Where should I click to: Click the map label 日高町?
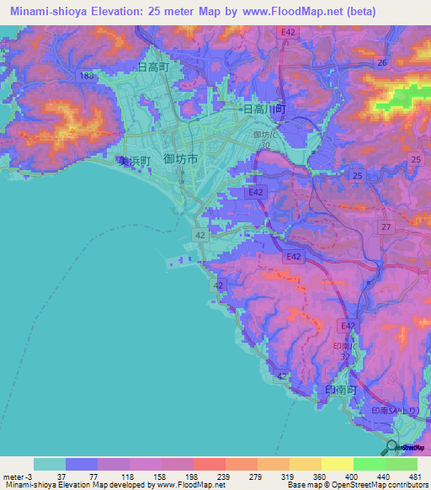click(154, 66)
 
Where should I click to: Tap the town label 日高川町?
click(265, 109)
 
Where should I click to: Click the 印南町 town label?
click(342, 391)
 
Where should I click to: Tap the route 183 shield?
click(87, 76)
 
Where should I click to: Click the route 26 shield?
click(382, 63)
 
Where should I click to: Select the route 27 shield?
click(386, 227)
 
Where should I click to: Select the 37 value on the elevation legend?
click(61, 477)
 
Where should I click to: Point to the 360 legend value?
click(311, 477)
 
